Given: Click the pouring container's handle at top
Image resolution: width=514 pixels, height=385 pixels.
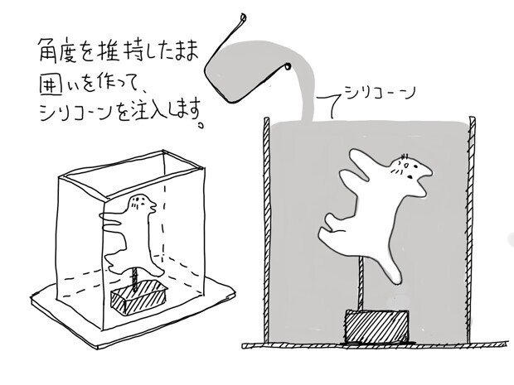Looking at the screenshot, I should coord(238,20).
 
